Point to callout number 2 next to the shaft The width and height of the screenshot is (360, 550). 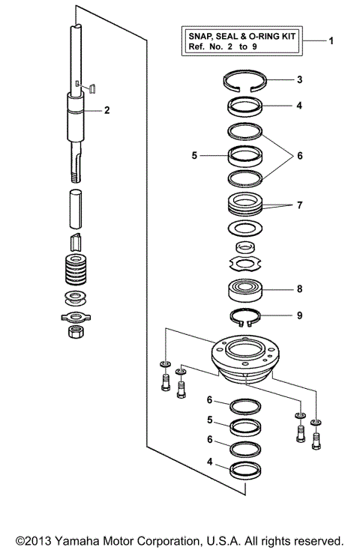pyautogui.click(x=107, y=110)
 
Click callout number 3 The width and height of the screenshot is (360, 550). pyautogui.click(x=299, y=79)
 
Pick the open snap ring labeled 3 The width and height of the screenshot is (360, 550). pyautogui.click(x=244, y=82)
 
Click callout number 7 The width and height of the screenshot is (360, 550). pyautogui.click(x=299, y=205)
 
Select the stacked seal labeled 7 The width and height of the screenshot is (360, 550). pyautogui.click(x=244, y=204)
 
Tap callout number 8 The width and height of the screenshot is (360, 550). pyautogui.click(x=299, y=287)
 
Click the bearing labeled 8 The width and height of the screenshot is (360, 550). pyautogui.click(x=244, y=288)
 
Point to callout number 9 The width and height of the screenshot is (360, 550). pyautogui.click(x=299, y=315)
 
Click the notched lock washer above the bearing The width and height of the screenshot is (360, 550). pyautogui.click(x=244, y=263)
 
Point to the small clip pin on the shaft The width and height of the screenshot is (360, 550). pyautogui.click(x=90, y=88)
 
